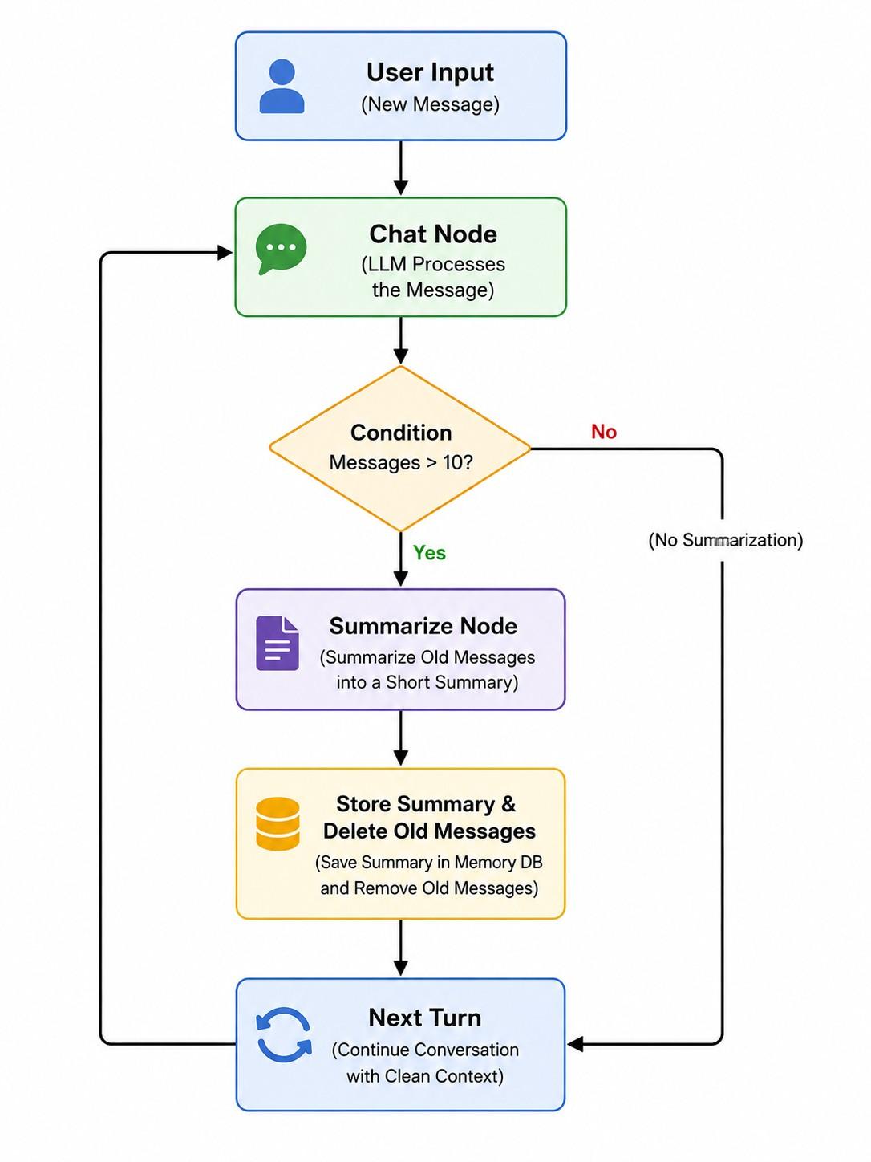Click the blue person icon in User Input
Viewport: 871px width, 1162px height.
pos(282,86)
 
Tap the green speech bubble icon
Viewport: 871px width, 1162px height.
pos(281,249)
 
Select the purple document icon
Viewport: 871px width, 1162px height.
pos(278,644)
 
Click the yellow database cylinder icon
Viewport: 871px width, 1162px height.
pos(278,823)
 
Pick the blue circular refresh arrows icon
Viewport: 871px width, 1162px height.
pos(283,1035)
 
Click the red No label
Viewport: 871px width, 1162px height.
pos(604,432)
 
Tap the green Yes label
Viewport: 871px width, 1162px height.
pos(429,553)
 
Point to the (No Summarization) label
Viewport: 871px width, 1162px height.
pos(726,540)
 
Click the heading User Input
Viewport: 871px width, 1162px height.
pos(430,72)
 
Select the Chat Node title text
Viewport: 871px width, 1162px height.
pos(433,234)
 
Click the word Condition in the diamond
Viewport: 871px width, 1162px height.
pos(401,433)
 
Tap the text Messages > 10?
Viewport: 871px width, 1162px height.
pos(401,462)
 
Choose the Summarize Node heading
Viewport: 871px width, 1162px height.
pos(423,626)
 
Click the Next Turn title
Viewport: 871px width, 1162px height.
pos(424,1018)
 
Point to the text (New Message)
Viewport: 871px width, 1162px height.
pos(430,104)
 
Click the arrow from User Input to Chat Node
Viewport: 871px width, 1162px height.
pos(401,169)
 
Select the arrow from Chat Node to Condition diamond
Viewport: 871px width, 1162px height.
pos(401,341)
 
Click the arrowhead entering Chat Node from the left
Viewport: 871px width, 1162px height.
pos(225,253)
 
